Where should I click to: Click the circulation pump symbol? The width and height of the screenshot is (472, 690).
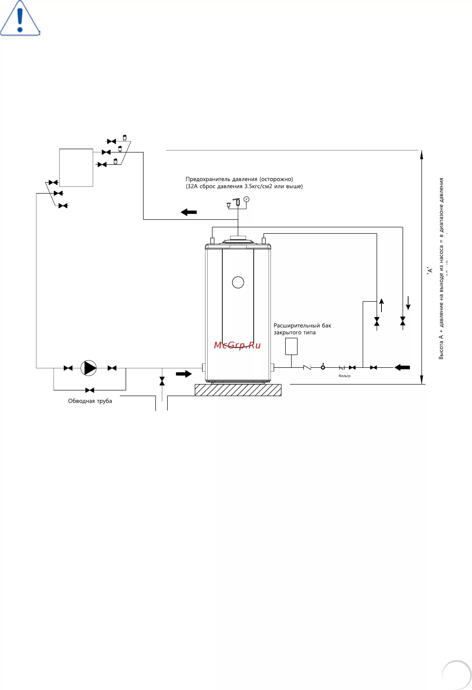pyautogui.click(x=89, y=368)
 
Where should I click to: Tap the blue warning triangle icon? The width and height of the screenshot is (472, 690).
pyautogui.click(x=20, y=20)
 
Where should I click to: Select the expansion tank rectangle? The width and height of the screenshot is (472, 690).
pyautogui.click(x=291, y=346)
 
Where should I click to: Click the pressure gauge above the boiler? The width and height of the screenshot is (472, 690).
pyautogui.click(x=246, y=199)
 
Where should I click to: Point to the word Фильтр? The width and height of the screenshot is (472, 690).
pyautogui.click(x=344, y=376)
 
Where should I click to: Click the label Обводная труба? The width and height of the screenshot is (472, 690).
pyautogui.click(x=90, y=401)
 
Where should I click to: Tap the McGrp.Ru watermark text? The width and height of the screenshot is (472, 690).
pyautogui.click(x=237, y=345)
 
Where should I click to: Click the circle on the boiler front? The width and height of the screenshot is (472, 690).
pyautogui.click(x=238, y=282)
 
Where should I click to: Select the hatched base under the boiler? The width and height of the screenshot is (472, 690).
pyautogui.click(x=238, y=390)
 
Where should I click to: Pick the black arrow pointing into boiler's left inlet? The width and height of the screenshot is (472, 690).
pyautogui.click(x=184, y=374)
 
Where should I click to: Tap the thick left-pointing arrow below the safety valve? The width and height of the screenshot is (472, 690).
pyautogui.click(x=189, y=212)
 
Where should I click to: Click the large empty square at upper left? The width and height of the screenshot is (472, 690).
pyautogui.click(x=76, y=168)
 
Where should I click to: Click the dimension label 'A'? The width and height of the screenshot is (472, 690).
pyautogui.click(x=429, y=271)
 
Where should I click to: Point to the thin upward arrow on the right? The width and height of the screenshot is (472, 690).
pyautogui.click(x=382, y=305)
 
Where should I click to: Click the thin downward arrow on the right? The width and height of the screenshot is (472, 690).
pyautogui.click(x=408, y=303)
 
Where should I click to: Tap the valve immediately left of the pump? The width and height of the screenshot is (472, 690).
pyautogui.click(x=68, y=368)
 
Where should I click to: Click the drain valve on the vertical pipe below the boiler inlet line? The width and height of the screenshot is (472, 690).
pyautogui.click(x=162, y=381)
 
